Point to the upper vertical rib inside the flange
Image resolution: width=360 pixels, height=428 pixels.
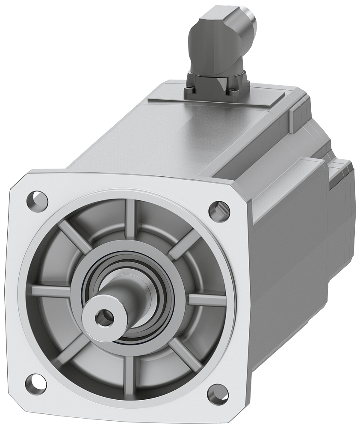pyautogui.click(x=130, y=218)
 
